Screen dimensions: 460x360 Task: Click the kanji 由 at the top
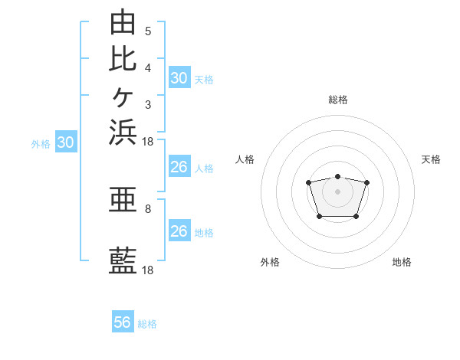(x=123, y=21)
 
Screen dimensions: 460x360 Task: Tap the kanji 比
(x=123, y=59)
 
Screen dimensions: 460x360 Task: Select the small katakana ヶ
(x=123, y=97)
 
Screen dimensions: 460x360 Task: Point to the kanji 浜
(x=123, y=133)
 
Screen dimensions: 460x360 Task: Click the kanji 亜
(x=123, y=199)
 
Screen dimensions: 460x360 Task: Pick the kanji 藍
(x=123, y=260)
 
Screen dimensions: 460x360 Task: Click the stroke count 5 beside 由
(x=148, y=31)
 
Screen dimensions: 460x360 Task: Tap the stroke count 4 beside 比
(x=148, y=68)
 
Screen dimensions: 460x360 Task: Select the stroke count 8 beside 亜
(x=148, y=209)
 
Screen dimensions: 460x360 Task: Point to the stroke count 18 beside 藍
(x=147, y=270)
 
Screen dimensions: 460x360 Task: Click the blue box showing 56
(x=123, y=321)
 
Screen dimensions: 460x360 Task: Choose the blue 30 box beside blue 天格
(x=180, y=77)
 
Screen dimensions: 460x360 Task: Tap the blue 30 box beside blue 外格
(x=66, y=141)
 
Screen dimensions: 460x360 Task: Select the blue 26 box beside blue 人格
(x=180, y=166)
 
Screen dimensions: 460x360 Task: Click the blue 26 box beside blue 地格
(x=180, y=230)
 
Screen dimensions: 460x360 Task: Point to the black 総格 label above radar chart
(x=338, y=100)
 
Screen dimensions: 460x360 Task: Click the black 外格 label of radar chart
(x=270, y=262)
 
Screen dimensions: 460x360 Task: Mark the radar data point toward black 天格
(x=366, y=182)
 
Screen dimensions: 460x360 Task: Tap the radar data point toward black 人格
(x=308, y=182)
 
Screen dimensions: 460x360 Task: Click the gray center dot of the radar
(x=337, y=191)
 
